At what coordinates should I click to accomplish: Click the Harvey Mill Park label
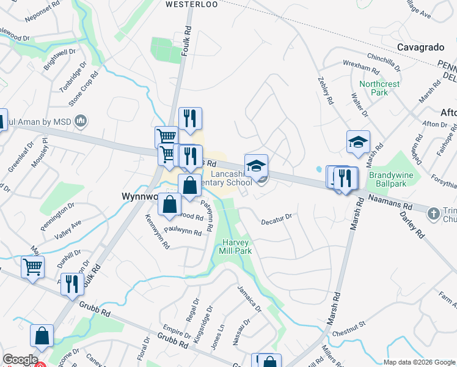(235, 247)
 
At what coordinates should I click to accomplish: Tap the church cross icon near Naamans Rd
(434, 213)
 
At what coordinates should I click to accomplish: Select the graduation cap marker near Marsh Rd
(358, 143)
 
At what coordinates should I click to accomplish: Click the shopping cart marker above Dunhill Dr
(32, 266)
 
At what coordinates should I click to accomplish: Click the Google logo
(20, 360)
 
